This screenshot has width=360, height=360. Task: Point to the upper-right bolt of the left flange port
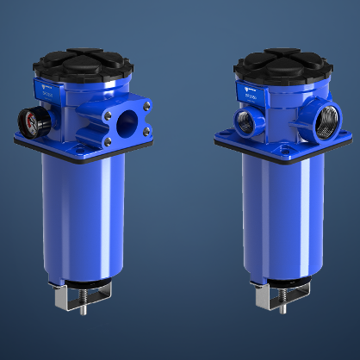click(x=146, y=105)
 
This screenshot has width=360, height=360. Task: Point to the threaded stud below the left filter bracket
click(x=83, y=307)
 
